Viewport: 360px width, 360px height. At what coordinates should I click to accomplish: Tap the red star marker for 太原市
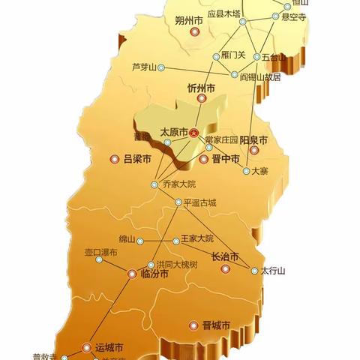pyautogui.click(x=193, y=133)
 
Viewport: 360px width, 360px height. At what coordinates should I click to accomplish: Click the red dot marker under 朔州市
pyautogui.click(x=195, y=32)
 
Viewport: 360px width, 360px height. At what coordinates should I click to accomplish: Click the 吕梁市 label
pyautogui.click(x=137, y=159)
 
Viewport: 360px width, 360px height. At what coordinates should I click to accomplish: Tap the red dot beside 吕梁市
pyautogui.click(x=115, y=159)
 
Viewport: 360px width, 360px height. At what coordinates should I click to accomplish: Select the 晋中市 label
pyautogui.click(x=225, y=159)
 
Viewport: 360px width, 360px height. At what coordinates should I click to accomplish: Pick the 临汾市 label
pyautogui.click(x=154, y=274)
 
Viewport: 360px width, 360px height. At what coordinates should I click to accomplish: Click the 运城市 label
pyautogui.click(x=109, y=348)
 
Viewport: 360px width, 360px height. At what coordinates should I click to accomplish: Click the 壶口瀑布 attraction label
pyautogui.click(x=100, y=253)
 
